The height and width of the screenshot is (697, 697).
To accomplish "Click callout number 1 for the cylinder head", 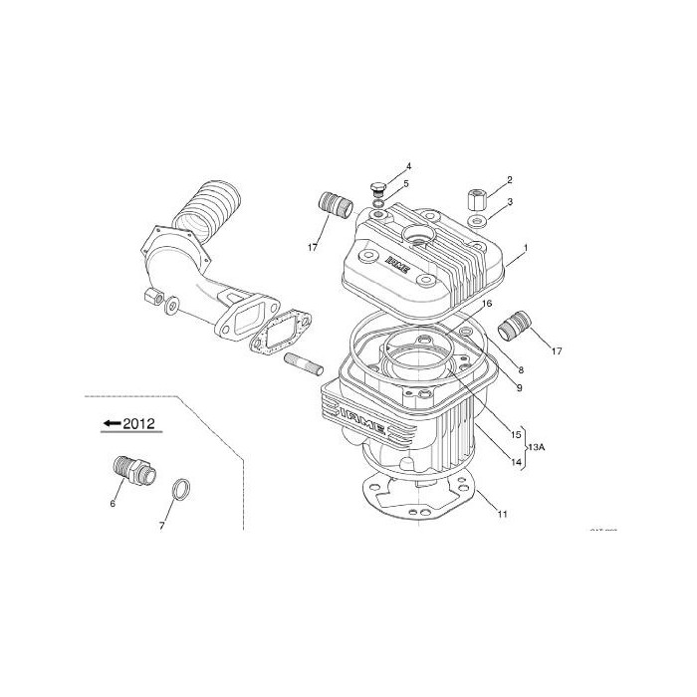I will coord(526,246).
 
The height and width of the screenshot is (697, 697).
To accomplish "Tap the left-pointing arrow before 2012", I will coord(112,423).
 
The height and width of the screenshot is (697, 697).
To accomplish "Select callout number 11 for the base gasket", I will coord(503,514).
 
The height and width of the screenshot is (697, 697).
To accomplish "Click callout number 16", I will coord(488,303).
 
